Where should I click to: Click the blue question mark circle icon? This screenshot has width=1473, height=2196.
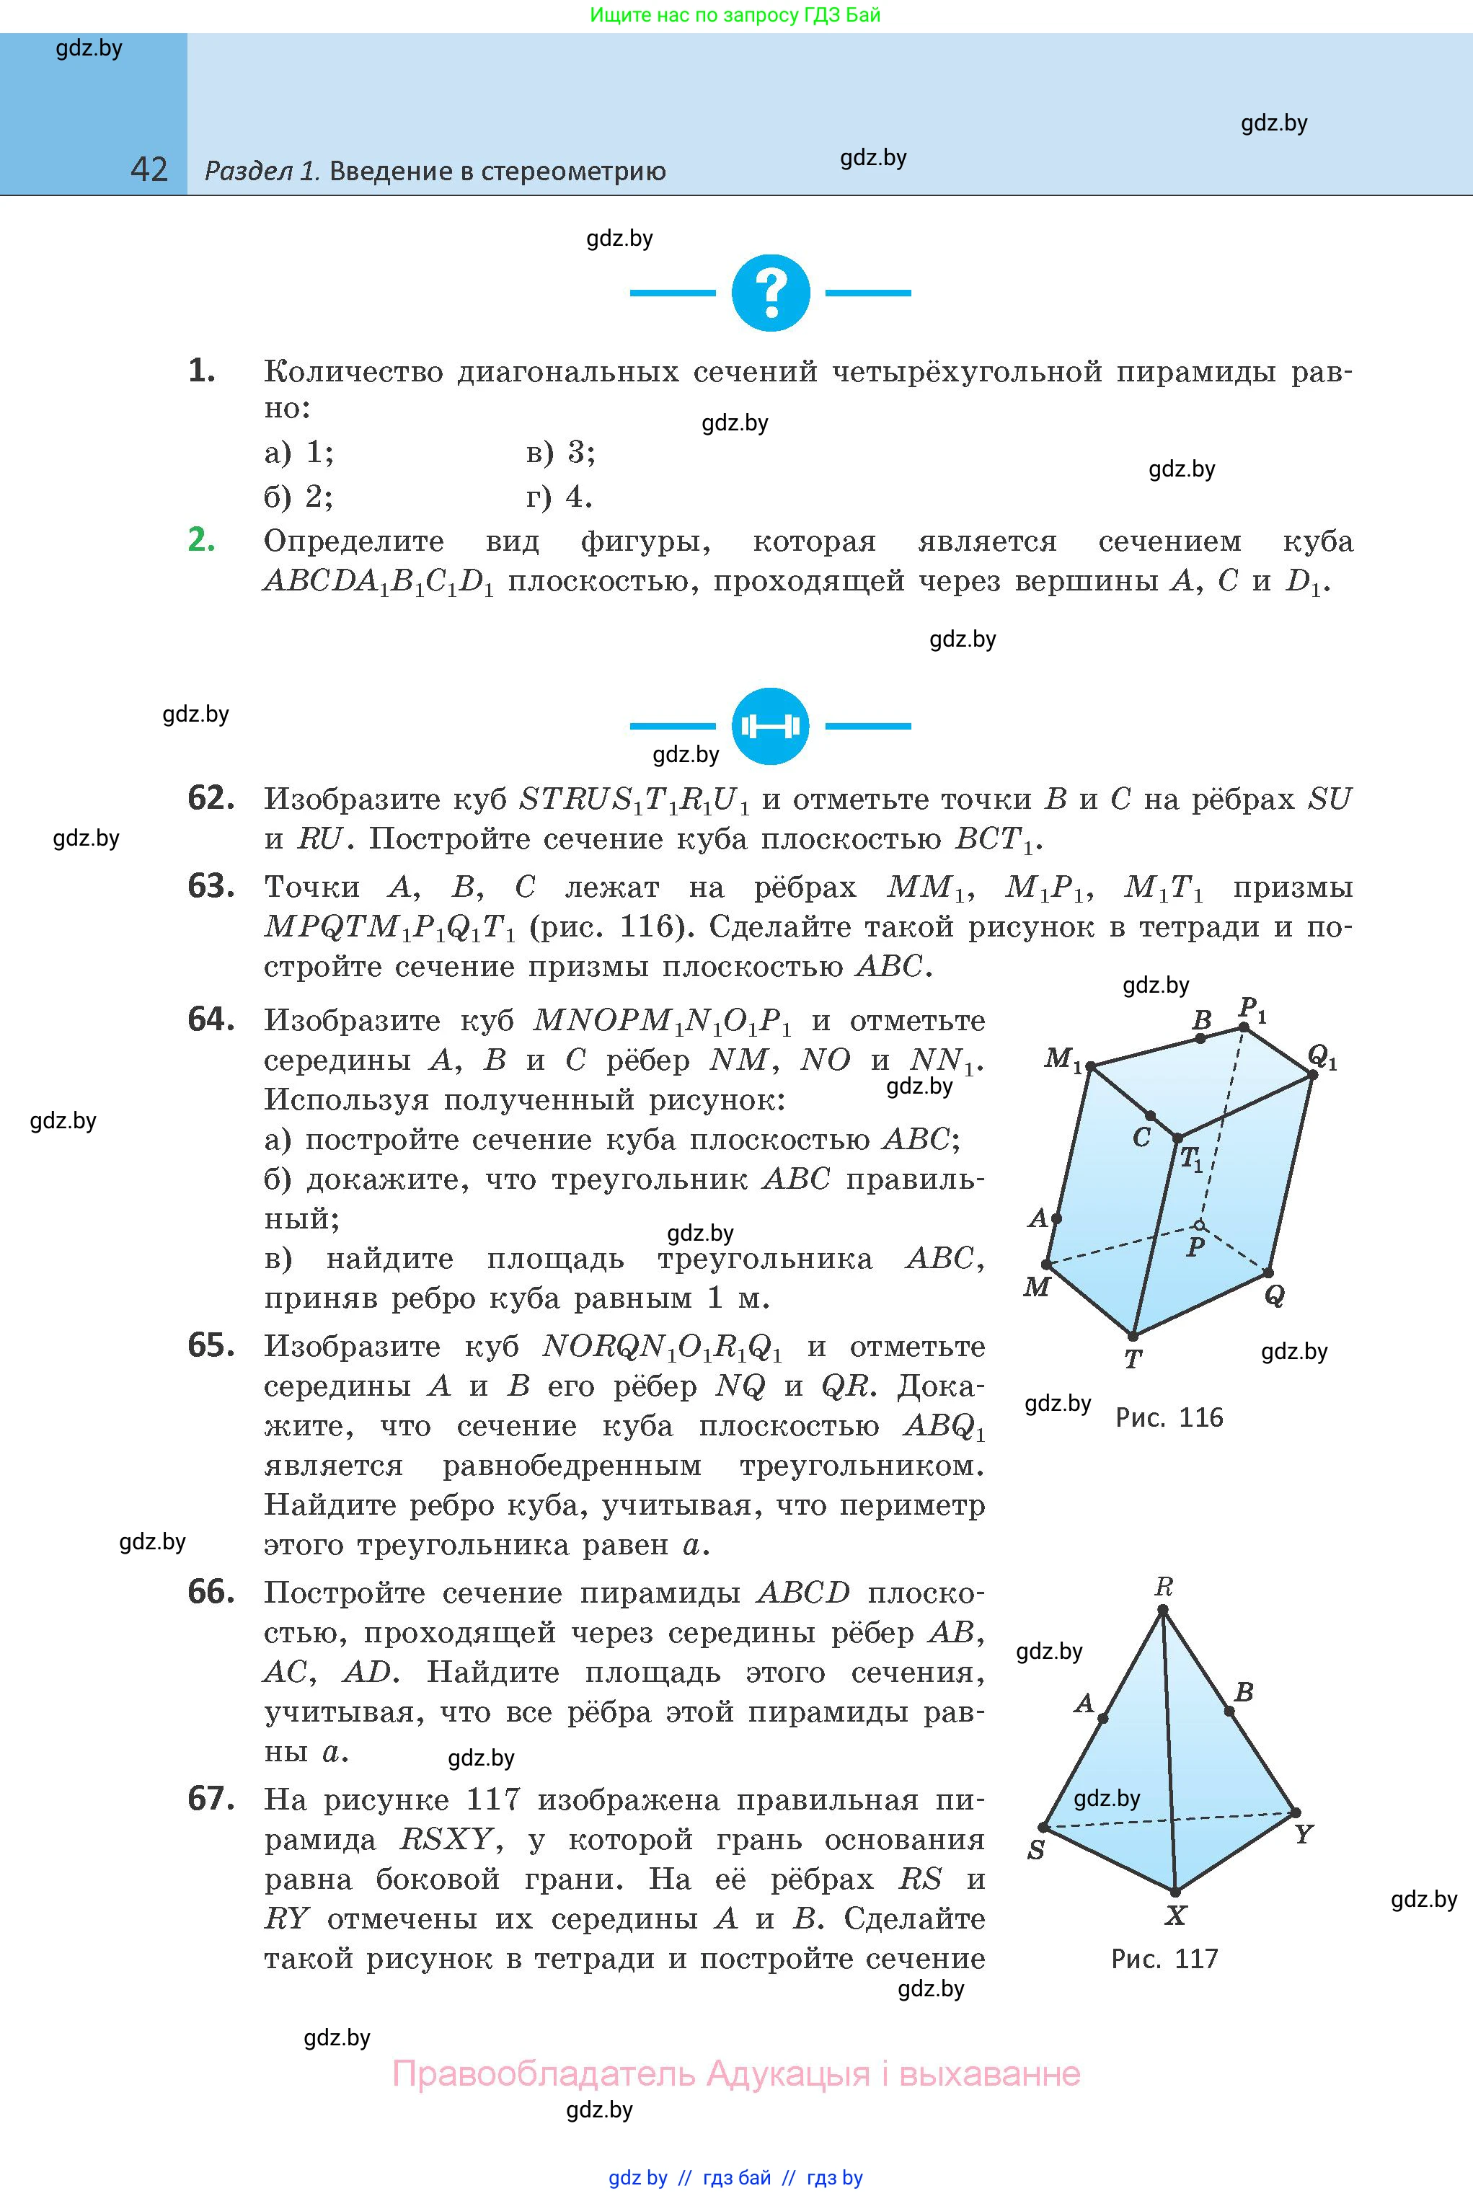[770, 292]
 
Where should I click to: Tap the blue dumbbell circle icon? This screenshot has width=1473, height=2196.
[770, 725]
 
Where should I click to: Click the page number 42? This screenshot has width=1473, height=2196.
[149, 170]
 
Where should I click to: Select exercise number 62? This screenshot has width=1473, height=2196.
[211, 798]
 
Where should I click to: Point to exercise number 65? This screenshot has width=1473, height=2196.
[211, 1346]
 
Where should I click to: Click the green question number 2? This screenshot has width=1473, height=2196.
[202, 540]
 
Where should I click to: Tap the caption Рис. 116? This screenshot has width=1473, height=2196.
[1169, 1417]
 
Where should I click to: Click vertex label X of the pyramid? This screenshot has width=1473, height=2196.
[1176, 1916]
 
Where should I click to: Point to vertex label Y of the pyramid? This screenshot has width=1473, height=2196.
[1303, 1833]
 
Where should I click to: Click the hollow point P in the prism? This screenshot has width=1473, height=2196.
[1199, 1225]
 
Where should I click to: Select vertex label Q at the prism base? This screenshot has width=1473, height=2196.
[1275, 1296]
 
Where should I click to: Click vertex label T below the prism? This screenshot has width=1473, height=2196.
[1133, 1358]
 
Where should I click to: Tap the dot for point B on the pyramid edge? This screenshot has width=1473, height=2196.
[1230, 1712]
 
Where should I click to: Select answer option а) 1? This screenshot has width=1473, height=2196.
[298, 453]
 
